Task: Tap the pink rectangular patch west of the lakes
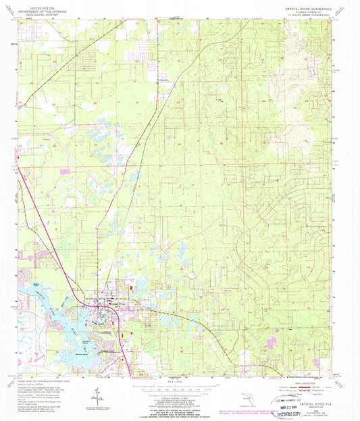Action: (65, 171)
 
